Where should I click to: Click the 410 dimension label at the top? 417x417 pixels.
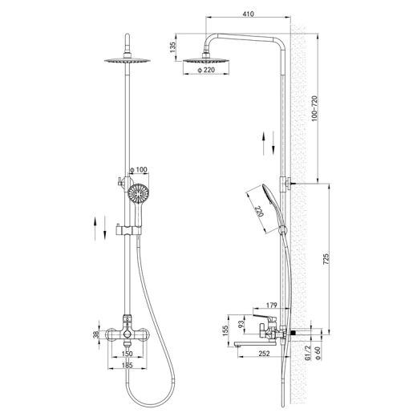[x=248, y=14]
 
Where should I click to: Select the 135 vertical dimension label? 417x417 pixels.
[x=173, y=47]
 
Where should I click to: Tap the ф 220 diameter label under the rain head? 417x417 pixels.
[x=206, y=70]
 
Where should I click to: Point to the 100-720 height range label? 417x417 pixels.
[x=314, y=108]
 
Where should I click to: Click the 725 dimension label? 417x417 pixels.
[x=326, y=259]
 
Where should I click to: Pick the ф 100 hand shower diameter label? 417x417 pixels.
[x=138, y=169]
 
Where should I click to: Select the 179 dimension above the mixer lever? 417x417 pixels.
[x=272, y=305]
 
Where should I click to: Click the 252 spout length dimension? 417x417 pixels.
[x=265, y=353]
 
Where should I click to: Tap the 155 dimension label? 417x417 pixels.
[x=225, y=330]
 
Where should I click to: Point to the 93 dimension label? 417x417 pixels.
[x=241, y=324]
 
